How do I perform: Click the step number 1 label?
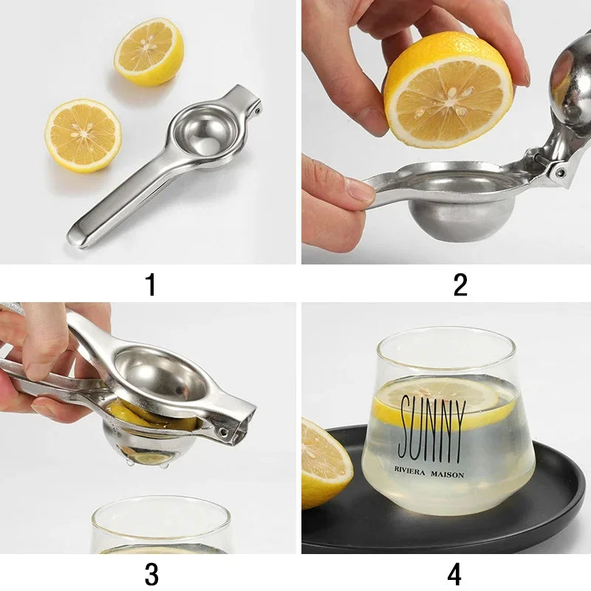[151, 284]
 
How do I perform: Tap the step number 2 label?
[460, 284]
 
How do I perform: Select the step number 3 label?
[151, 573]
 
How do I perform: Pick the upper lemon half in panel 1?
[148, 51]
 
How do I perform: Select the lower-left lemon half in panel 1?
[83, 136]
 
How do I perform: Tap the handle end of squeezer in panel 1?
[80, 235]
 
